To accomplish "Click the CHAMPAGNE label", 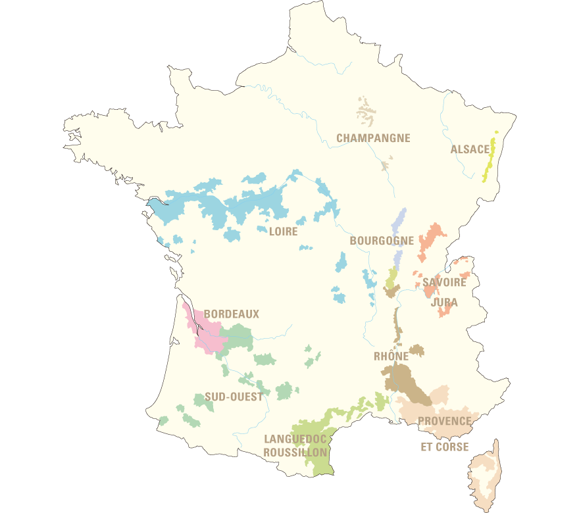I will pyautogui.click(x=373, y=138).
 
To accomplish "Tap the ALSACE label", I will pyautogui.click(x=470, y=149).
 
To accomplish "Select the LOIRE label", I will pyautogui.click(x=283, y=232).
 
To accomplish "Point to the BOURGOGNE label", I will pyautogui.click(x=382, y=241).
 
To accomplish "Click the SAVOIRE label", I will pyautogui.click(x=444, y=283).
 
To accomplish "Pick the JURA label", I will pyautogui.click(x=445, y=303).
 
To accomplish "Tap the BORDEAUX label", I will pyautogui.click(x=232, y=314).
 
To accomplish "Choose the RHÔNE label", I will pyautogui.click(x=391, y=356).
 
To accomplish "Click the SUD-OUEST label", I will pyautogui.click(x=234, y=397).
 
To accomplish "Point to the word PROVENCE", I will pyautogui.click(x=445, y=421).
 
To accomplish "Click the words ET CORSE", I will pyautogui.click(x=445, y=447).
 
